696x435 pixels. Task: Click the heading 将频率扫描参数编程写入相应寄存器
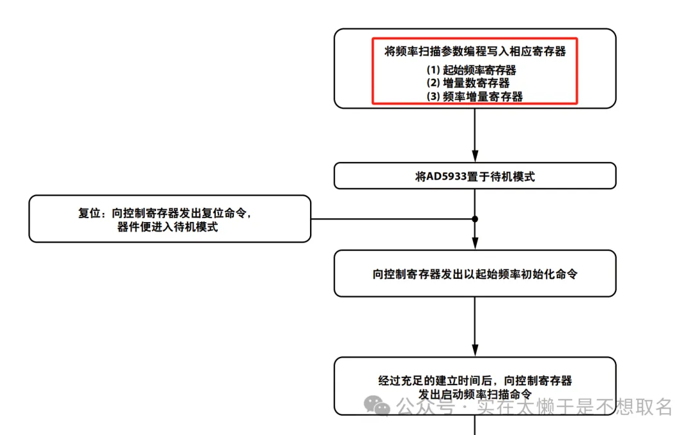[475, 52]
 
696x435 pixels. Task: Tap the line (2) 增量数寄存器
[469, 83]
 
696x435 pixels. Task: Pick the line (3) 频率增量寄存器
[475, 97]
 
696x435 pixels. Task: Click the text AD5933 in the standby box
[447, 176]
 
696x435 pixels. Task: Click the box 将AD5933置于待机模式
[475, 176]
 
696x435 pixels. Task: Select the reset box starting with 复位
[169, 219]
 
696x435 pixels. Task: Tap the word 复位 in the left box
[91, 213]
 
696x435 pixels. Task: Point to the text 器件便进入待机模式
[168, 227]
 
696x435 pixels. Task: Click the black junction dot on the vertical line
[475, 219]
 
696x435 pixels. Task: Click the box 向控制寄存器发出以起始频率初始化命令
[475, 274]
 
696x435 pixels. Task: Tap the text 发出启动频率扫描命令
[475, 394]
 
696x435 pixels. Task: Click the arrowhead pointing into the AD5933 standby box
[475, 157]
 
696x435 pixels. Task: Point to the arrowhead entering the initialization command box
[475, 244]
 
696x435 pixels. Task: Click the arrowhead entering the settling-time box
[475, 351]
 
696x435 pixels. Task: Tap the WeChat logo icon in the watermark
[377, 406]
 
